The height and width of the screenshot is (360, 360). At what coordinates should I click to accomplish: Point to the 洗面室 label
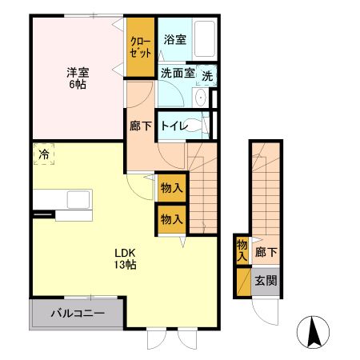[x=177, y=73]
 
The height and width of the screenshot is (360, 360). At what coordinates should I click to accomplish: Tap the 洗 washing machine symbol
[x=207, y=76]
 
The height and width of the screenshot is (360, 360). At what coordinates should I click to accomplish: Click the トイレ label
[x=174, y=126]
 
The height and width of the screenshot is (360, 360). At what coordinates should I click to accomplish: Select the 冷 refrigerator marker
[x=44, y=152]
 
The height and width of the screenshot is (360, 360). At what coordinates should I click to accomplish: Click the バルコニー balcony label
[x=75, y=313]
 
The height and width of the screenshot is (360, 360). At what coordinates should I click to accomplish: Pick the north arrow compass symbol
[x=314, y=331]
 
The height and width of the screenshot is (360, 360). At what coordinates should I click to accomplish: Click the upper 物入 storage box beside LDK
[x=171, y=189]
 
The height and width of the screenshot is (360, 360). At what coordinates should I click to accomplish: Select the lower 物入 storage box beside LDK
[x=171, y=218]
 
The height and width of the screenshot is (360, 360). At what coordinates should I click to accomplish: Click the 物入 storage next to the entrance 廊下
[x=242, y=250]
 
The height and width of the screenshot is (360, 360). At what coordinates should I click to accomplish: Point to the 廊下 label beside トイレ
[x=140, y=126]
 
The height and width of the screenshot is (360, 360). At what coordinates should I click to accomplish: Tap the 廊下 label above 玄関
[x=266, y=253]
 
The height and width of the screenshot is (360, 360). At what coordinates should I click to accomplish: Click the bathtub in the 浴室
[x=206, y=38]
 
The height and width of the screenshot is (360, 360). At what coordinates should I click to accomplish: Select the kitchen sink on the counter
[x=79, y=198]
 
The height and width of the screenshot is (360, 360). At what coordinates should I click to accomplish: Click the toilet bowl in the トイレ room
[x=202, y=125]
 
